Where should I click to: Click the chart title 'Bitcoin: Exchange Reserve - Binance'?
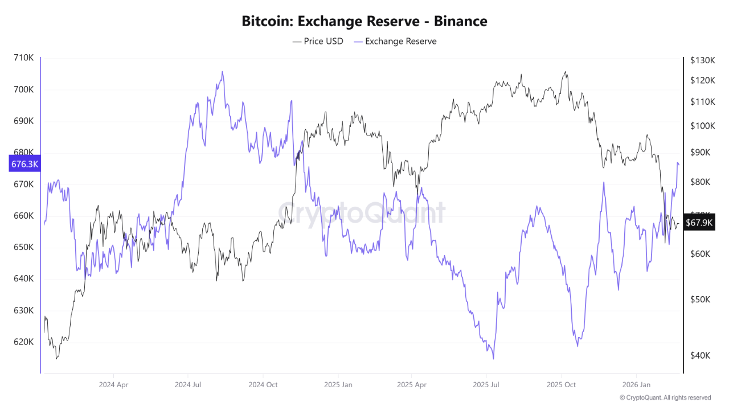pyautogui.click(x=364, y=22)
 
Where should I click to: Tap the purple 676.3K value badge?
pyautogui.click(x=24, y=164)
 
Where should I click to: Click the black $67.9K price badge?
pyautogui.click(x=699, y=222)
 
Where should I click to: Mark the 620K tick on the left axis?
pyautogui.click(x=24, y=342)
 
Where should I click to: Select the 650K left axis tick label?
pyautogui.click(x=24, y=248)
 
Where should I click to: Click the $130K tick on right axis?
pyautogui.click(x=702, y=60)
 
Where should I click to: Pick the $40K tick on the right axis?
pyautogui.click(x=700, y=355)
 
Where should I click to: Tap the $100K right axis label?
pyautogui.click(x=702, y=126)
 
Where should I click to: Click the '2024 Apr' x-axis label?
pyautogui.click(x=113, y=385)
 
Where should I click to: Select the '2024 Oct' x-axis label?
pyautogui.click(x=263, y=385)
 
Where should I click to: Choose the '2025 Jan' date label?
pyautogui.click(x=338, y=385)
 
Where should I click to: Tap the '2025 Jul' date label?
pyautogui.click(x=488, y=385)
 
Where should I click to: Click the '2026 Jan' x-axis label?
pyautogui.click(x=637, y=385)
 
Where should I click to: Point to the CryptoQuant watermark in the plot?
pyautogui.click(x=362, y=214)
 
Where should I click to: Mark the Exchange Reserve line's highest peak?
pyautogui.click(x=222, y=72)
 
